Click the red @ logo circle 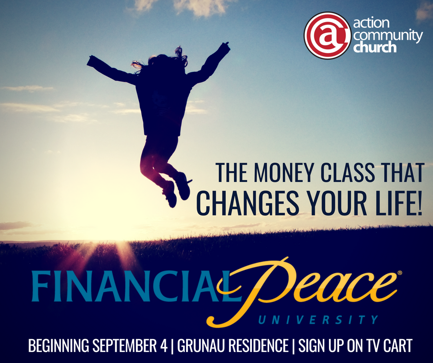tap(327, 35)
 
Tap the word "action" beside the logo tap(371, 23)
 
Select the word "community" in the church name tap(388, 35)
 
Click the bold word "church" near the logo tap(375, 47)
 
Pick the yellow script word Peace tap(304, 290)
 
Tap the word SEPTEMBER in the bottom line tap(129, 345)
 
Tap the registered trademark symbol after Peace tap(399, 273)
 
